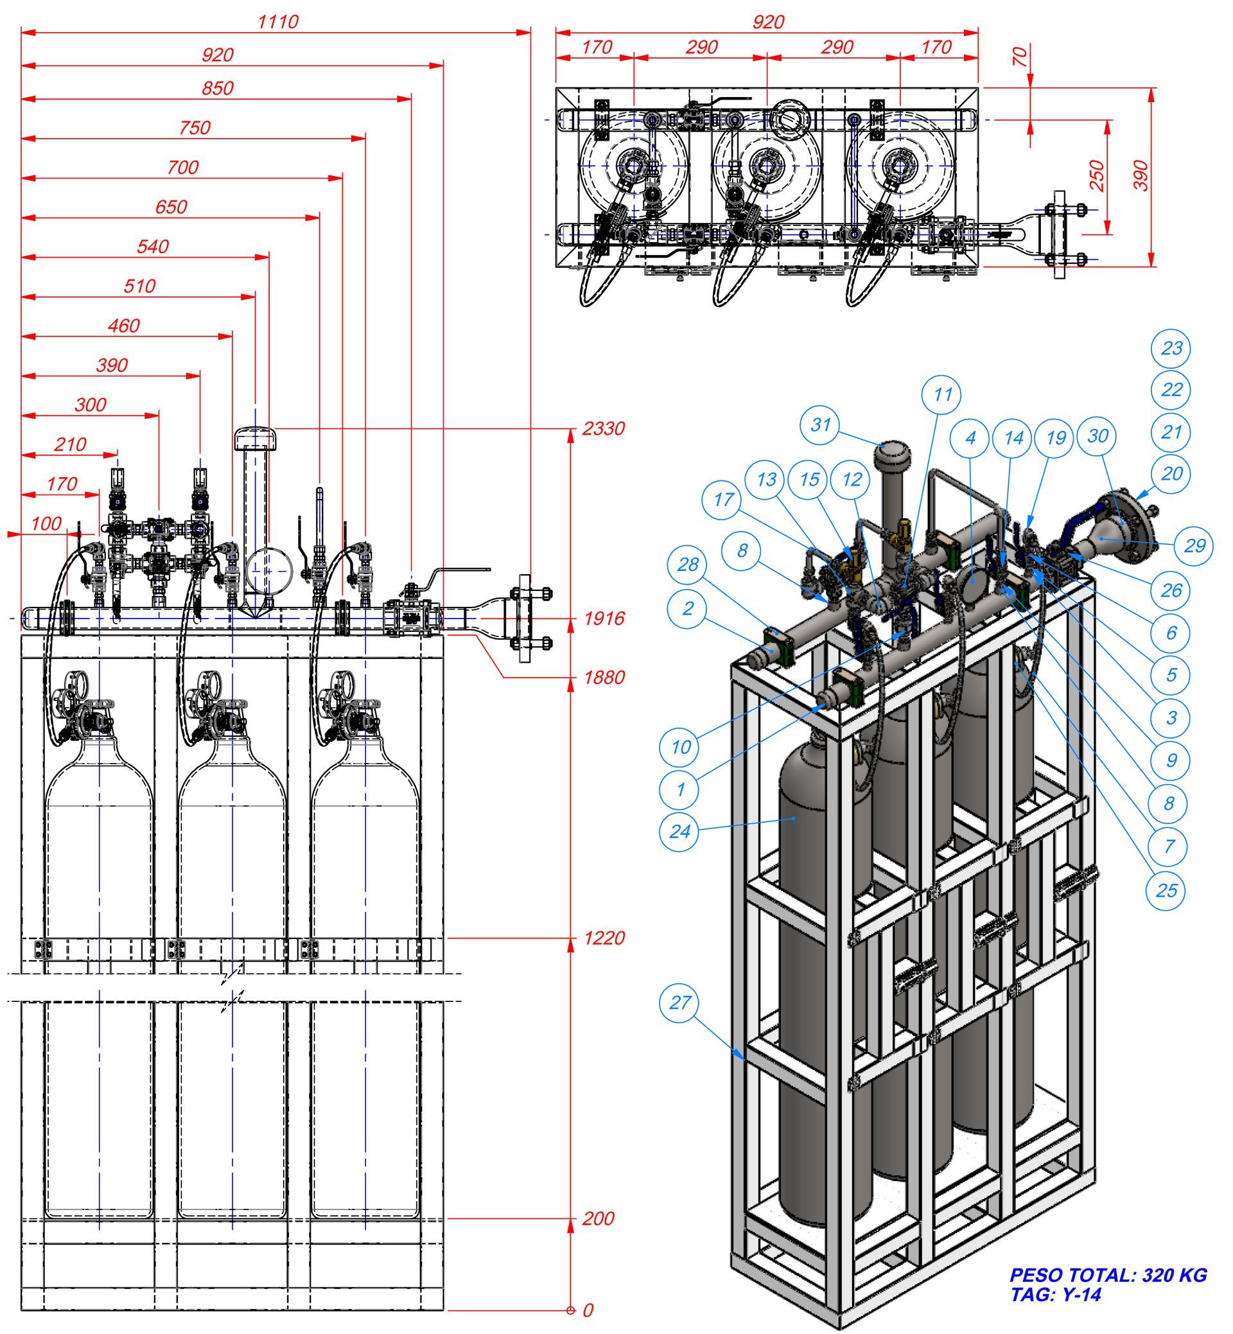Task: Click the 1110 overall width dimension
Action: coord(277,22)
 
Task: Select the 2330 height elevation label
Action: coord(603,428)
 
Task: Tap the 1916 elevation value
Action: coord(604,619)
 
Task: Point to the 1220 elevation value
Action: coord(604,938)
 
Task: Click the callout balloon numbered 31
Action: coord(820,424)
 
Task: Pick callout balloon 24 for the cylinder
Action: coord(679,832)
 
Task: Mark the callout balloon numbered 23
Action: coord(1171,348)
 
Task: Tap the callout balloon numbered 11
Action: coord(941,395)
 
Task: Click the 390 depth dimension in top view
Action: coord(1142,175)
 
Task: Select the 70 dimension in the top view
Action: coord(1020,56)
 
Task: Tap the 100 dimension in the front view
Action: coord(46,524)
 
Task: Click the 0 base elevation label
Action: coord(588,1311)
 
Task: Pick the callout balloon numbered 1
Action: coord(679,789)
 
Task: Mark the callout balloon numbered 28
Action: coord(687,565)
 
